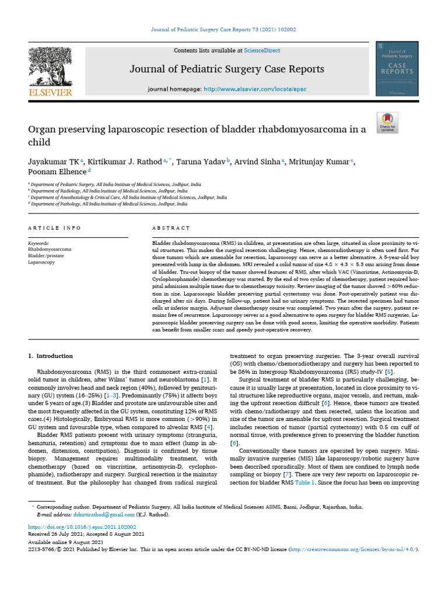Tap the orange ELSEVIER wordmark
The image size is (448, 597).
click(50, 93)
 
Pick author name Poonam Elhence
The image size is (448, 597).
click(56, 172)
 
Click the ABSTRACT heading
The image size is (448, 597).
click(171, 228)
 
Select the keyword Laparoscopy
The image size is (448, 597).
click(41, 262)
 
